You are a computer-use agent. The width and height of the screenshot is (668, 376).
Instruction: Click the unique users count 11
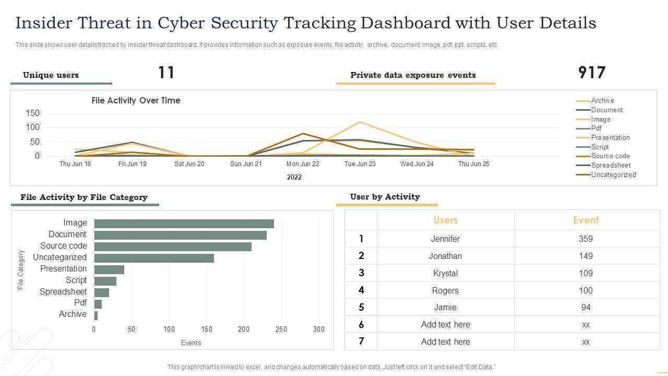point(166,73)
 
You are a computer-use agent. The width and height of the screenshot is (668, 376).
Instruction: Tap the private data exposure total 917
point(592,73)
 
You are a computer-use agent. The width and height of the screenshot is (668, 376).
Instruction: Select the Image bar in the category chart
point(184,224)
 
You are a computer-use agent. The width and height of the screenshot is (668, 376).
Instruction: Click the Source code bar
point(173,246)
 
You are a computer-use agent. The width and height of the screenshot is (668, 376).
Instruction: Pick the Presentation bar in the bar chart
point(109,269)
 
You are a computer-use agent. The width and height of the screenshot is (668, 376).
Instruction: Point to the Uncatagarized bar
point(154,258)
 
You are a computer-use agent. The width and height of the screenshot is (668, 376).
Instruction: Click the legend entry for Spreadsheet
point(611,166)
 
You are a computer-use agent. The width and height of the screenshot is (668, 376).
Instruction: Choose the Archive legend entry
point(602,101)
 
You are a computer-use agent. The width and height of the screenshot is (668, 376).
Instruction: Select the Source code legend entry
point(610,156)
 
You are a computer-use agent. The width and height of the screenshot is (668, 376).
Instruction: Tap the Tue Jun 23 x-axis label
point(360,164)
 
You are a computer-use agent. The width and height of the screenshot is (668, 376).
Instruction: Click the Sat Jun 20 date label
point(189,164)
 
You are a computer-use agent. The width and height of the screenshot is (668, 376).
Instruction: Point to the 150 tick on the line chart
point(32,113)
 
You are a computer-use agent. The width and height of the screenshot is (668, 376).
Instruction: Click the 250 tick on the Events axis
point(281,330)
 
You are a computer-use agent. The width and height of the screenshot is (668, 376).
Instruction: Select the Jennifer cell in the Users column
point(445,239)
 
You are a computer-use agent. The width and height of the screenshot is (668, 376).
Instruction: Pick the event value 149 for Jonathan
point(586,256)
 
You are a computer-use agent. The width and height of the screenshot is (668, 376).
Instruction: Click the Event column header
point(586,220)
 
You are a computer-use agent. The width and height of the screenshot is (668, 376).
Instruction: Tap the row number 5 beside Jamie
point(361,308)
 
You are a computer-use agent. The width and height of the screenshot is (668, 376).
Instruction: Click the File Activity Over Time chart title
point(136,101)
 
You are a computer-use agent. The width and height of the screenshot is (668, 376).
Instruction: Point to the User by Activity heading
point(385,197)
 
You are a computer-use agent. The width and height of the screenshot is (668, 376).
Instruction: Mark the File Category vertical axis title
point(21,269)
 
